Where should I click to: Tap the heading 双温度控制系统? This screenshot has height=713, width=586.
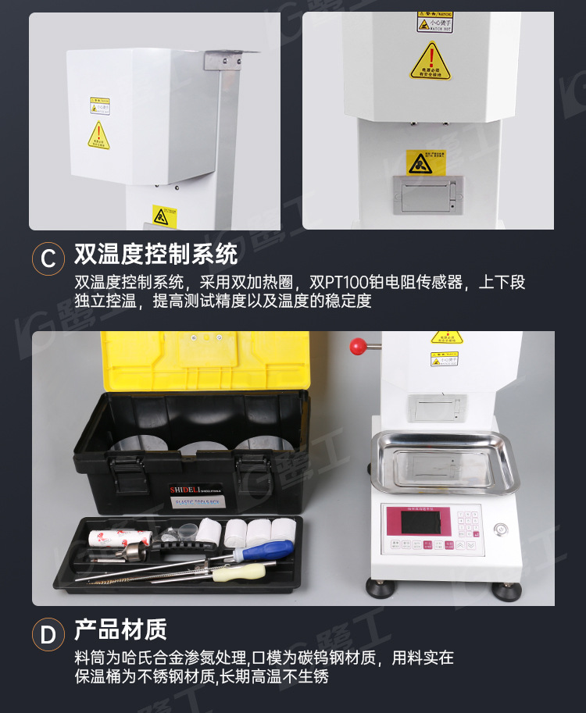coord(155,255)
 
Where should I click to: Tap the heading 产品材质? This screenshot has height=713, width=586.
coord(120,629)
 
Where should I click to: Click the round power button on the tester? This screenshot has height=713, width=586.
coord(500,529)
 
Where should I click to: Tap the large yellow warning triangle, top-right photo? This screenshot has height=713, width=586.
coord(431,62)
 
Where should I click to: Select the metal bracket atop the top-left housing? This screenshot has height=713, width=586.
coord(230,56)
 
